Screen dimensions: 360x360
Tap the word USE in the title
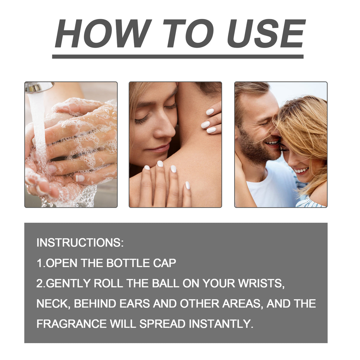pos(266,34)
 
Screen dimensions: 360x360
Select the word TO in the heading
pos(188,34)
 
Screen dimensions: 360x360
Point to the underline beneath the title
pos(178,56)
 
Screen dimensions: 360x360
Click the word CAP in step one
pos(165,263)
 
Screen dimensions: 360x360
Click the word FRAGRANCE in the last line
pos(71,324)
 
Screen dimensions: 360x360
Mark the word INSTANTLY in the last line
pos(221,324)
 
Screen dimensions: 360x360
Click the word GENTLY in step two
pos(69,283)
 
